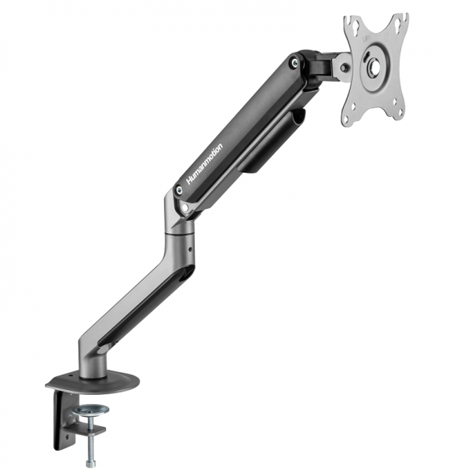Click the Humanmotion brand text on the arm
tap(205, 164)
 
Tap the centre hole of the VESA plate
tap(374, 68)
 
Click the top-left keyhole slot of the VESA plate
tap(352, 29)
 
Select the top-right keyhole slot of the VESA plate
tap(398, 25)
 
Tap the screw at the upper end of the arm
tap(294, 62)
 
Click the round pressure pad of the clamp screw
tap(94, 409)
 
